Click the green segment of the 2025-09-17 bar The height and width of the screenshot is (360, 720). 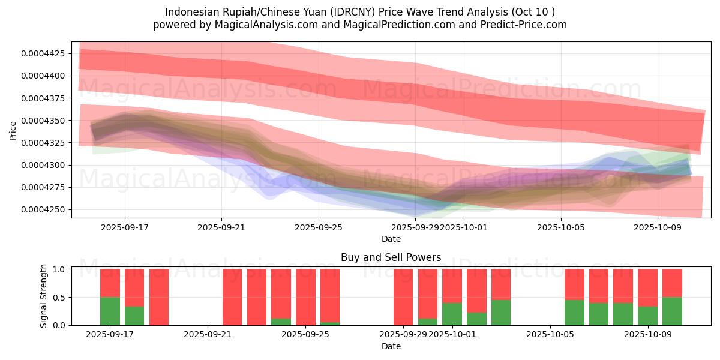tap(110, 311)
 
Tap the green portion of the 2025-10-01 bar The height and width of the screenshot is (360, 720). tap(452, 314)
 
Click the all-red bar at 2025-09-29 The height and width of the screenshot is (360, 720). tap(403, 297)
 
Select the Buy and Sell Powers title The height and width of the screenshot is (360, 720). tap(391, 257)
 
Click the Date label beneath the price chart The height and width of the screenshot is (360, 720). tap(391, 239)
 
